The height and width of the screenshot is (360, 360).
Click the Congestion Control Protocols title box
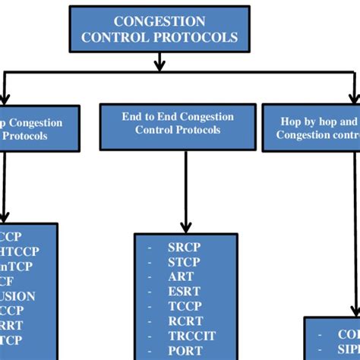point(159,29)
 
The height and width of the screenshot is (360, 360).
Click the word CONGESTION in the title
point(159,21)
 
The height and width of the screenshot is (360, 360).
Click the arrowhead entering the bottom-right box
point(353,310)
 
